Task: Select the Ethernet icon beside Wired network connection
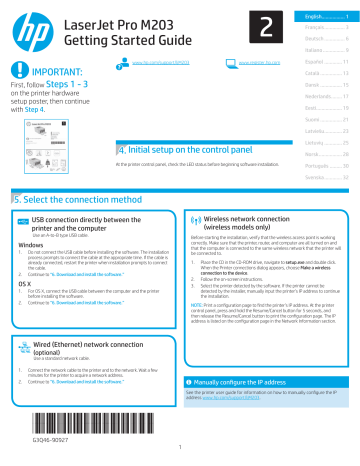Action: coord(21,348)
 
